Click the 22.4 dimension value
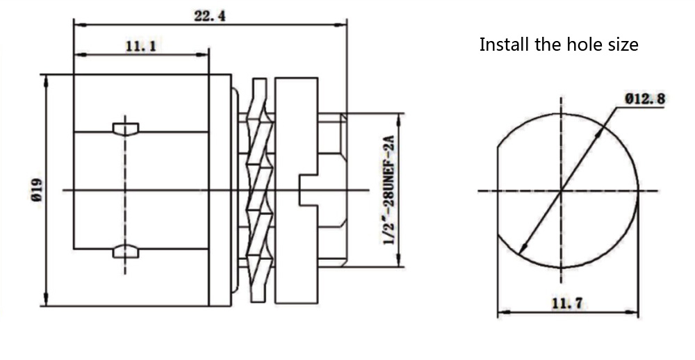tap(208, 16)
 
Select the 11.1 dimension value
tap(140, 46)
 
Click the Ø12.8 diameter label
tap(644, 99)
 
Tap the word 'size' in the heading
tap(622, 45)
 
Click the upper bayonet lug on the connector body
tap(125, 128)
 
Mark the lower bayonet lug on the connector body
tap(125, 251)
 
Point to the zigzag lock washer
tap(257, 190)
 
